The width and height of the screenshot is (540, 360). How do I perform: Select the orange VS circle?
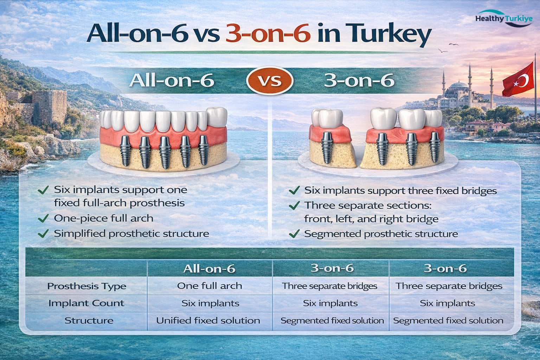tap(270, 81)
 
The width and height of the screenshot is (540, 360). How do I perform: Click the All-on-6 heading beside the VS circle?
tap(172, 81)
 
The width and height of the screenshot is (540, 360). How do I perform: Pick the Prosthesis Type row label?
tap(86, 286)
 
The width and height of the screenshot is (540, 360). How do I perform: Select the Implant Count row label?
tap(86, 303)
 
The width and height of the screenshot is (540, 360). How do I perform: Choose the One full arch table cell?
tap(210, 286)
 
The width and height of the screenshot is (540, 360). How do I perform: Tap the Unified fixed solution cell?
tap(208, 321)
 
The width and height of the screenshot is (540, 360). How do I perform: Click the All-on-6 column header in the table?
tap(209, 269)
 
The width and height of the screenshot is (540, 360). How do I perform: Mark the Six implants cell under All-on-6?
tap(210, 303)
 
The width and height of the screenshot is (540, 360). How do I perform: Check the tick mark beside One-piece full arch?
tap(43, 218)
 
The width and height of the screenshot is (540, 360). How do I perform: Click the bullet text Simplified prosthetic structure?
tap(131, 233)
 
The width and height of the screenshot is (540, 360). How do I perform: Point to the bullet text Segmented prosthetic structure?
tap(381, 233)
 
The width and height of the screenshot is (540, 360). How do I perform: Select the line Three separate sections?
tap(370, 205)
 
